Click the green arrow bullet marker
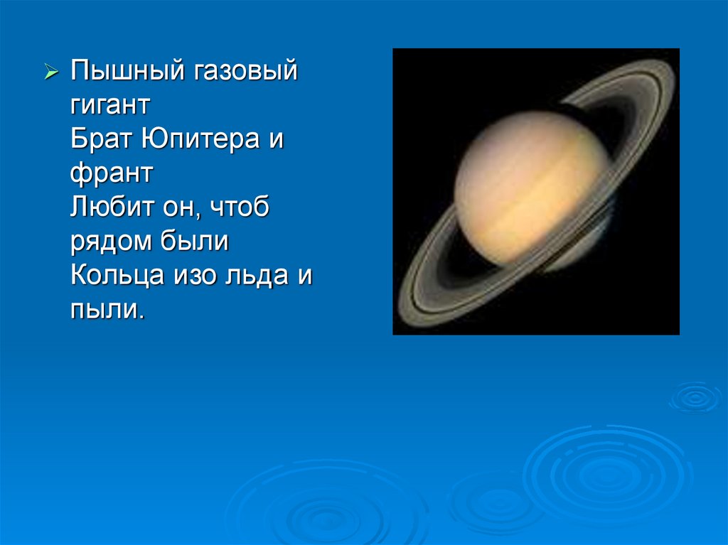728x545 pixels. [x=51, y=72]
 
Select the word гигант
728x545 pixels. [x=110, y=105]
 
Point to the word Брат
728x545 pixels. [x=101, y=139]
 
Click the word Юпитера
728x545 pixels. [x=200, y=139]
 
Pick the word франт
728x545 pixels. [x=112, y=173]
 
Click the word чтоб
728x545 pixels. [x=240, y=206]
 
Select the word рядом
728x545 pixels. [x=111, y=242]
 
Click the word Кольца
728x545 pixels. [x=117, y=275]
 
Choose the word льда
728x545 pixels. [x=257, y=276]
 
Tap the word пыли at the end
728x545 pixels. [x=107, y=308]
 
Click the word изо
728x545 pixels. [x=195, y=276]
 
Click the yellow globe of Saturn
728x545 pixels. [x=532, y=188]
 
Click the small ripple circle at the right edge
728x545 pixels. [x=695, y=397]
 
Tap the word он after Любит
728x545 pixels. [x=181, y=207]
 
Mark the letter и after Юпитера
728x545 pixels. [x=277, y=139]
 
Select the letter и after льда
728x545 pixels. [x=305, y=276]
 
